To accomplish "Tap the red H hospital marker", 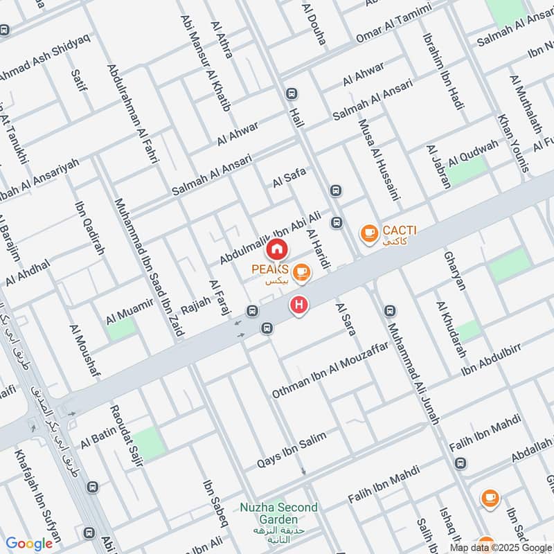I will pos(299,305).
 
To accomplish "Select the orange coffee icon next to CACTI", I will pos(369,234).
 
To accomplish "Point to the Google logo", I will pos(29,544).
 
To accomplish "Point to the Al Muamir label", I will pos(129,314).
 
